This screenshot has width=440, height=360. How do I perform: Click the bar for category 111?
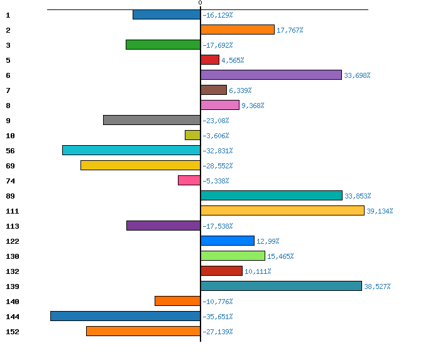(282, 210)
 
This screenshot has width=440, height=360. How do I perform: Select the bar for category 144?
(126, 316)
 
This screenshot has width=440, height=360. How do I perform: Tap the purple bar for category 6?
(271, 75)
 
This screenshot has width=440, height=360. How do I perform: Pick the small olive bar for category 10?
(192, 135)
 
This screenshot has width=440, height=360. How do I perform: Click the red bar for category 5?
(210, 60)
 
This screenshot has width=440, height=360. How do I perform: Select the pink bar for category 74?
(189, 180)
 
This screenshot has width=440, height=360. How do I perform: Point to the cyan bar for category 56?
(131, 150)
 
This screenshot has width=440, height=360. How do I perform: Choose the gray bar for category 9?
(152, 120)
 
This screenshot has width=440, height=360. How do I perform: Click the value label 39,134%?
(380, 211)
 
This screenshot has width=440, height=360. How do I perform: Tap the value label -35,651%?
(217, 317)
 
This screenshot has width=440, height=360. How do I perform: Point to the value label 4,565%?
(233, 60)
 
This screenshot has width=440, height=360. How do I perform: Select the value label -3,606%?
(216, 136)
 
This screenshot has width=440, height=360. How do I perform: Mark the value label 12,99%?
(268, 241)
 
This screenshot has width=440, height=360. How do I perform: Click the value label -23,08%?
(216, 121)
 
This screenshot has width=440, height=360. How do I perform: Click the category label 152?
(12, 332)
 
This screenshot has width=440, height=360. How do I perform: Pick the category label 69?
(9, 166)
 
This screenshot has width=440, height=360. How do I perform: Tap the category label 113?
(12, 226)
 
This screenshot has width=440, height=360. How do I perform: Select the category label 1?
(8, 15)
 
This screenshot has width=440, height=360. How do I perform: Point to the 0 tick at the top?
(200, 4)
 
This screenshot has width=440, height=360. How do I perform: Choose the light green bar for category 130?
(233, 256)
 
